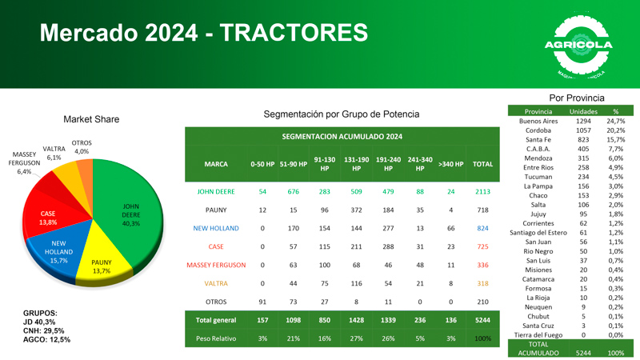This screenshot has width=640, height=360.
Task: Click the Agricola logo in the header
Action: point(578,46)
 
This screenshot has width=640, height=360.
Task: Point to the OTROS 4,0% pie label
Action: point(82,147)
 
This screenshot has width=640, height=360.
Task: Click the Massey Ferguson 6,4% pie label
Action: point(24,162)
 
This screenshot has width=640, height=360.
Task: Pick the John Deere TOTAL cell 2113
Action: point(482,192)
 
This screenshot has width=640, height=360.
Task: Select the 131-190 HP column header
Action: point(356,164)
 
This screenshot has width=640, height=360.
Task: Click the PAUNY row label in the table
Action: point(215,210)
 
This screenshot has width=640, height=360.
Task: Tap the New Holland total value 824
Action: point(482,229)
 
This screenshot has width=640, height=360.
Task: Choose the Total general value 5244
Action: point(482,320)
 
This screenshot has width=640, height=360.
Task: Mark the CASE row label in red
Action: point(215,247)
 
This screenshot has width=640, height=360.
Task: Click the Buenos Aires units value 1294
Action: point(583,121)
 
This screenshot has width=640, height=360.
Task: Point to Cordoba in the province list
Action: point(538,130)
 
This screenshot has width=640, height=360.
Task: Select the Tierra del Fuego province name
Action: point(538,335)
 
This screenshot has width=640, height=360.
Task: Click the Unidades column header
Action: point(583,111)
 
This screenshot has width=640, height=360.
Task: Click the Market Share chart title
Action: point(91,119)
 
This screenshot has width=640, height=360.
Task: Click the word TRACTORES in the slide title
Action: point(293,33)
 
